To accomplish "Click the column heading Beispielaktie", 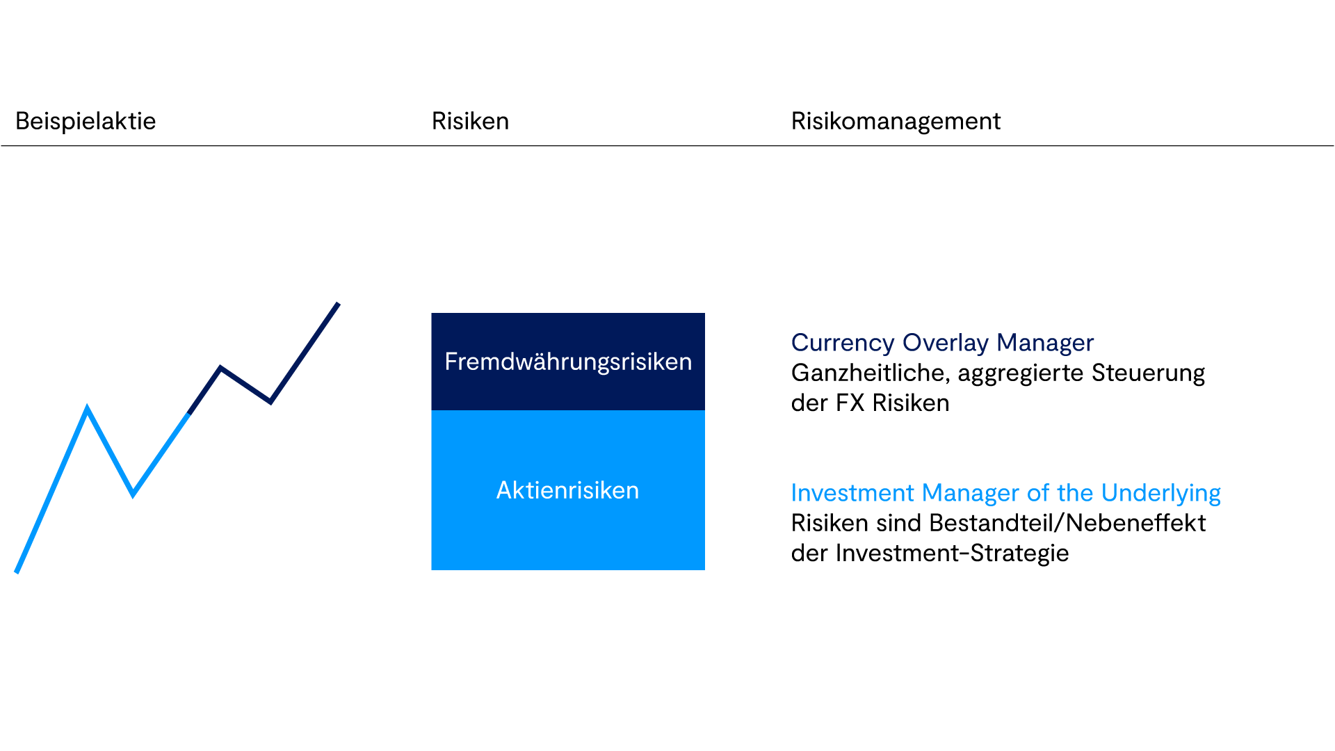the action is (x=86, y=122).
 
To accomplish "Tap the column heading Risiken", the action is (x=470, y=121).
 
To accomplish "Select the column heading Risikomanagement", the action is (x=896, y=122).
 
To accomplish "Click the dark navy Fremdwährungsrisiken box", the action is (x=568, y=362).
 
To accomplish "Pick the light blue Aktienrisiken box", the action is (x=568, y=490).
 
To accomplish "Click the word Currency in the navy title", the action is (x=843, y=344).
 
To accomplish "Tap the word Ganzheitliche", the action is (x=871, y=373).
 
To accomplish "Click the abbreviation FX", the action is (x=850, y=403).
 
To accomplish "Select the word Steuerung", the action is (x=1148, y=373).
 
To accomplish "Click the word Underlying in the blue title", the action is (x=1161, y=494).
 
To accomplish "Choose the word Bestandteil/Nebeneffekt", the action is (x=1067, y=523).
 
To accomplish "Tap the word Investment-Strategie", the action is (x=953, y=554).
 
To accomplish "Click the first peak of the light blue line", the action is (x=87, y=408).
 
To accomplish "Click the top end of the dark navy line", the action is (x=339, y=303).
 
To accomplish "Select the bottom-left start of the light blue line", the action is (x=17, y=572).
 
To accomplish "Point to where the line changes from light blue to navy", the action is (x=188, y=414).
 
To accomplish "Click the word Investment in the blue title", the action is (x=852, y=493).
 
